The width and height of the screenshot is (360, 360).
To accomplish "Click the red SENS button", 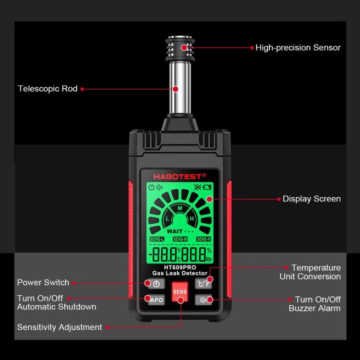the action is point(180,291).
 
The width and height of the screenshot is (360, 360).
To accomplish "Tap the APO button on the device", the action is point(157,299).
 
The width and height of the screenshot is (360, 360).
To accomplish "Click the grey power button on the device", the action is point(157,284).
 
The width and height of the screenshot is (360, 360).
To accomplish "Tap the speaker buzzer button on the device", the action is point(203,300).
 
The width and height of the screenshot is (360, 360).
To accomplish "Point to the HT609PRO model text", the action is point(180,268).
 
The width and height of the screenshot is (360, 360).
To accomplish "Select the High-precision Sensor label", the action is point(298,47).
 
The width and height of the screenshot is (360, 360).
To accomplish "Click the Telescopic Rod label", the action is point(48,89).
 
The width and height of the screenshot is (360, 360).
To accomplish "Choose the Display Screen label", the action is point(311,199).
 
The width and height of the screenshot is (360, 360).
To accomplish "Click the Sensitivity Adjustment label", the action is point(59,327).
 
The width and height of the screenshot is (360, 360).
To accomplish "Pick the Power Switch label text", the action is point(43,282).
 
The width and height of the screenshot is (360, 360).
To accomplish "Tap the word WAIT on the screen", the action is point(174,231).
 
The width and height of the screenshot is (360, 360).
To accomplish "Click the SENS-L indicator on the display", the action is point(157,239).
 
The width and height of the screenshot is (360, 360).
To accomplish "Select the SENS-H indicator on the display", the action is point(203,239).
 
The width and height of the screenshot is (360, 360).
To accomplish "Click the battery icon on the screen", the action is point(207,187).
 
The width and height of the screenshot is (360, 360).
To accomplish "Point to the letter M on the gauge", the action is point(180,208).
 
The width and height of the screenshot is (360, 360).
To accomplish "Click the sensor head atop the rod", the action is point(180,49).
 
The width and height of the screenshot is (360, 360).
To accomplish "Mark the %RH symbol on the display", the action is point(209,255).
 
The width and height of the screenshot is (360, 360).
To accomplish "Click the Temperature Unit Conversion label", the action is point(310,272).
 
